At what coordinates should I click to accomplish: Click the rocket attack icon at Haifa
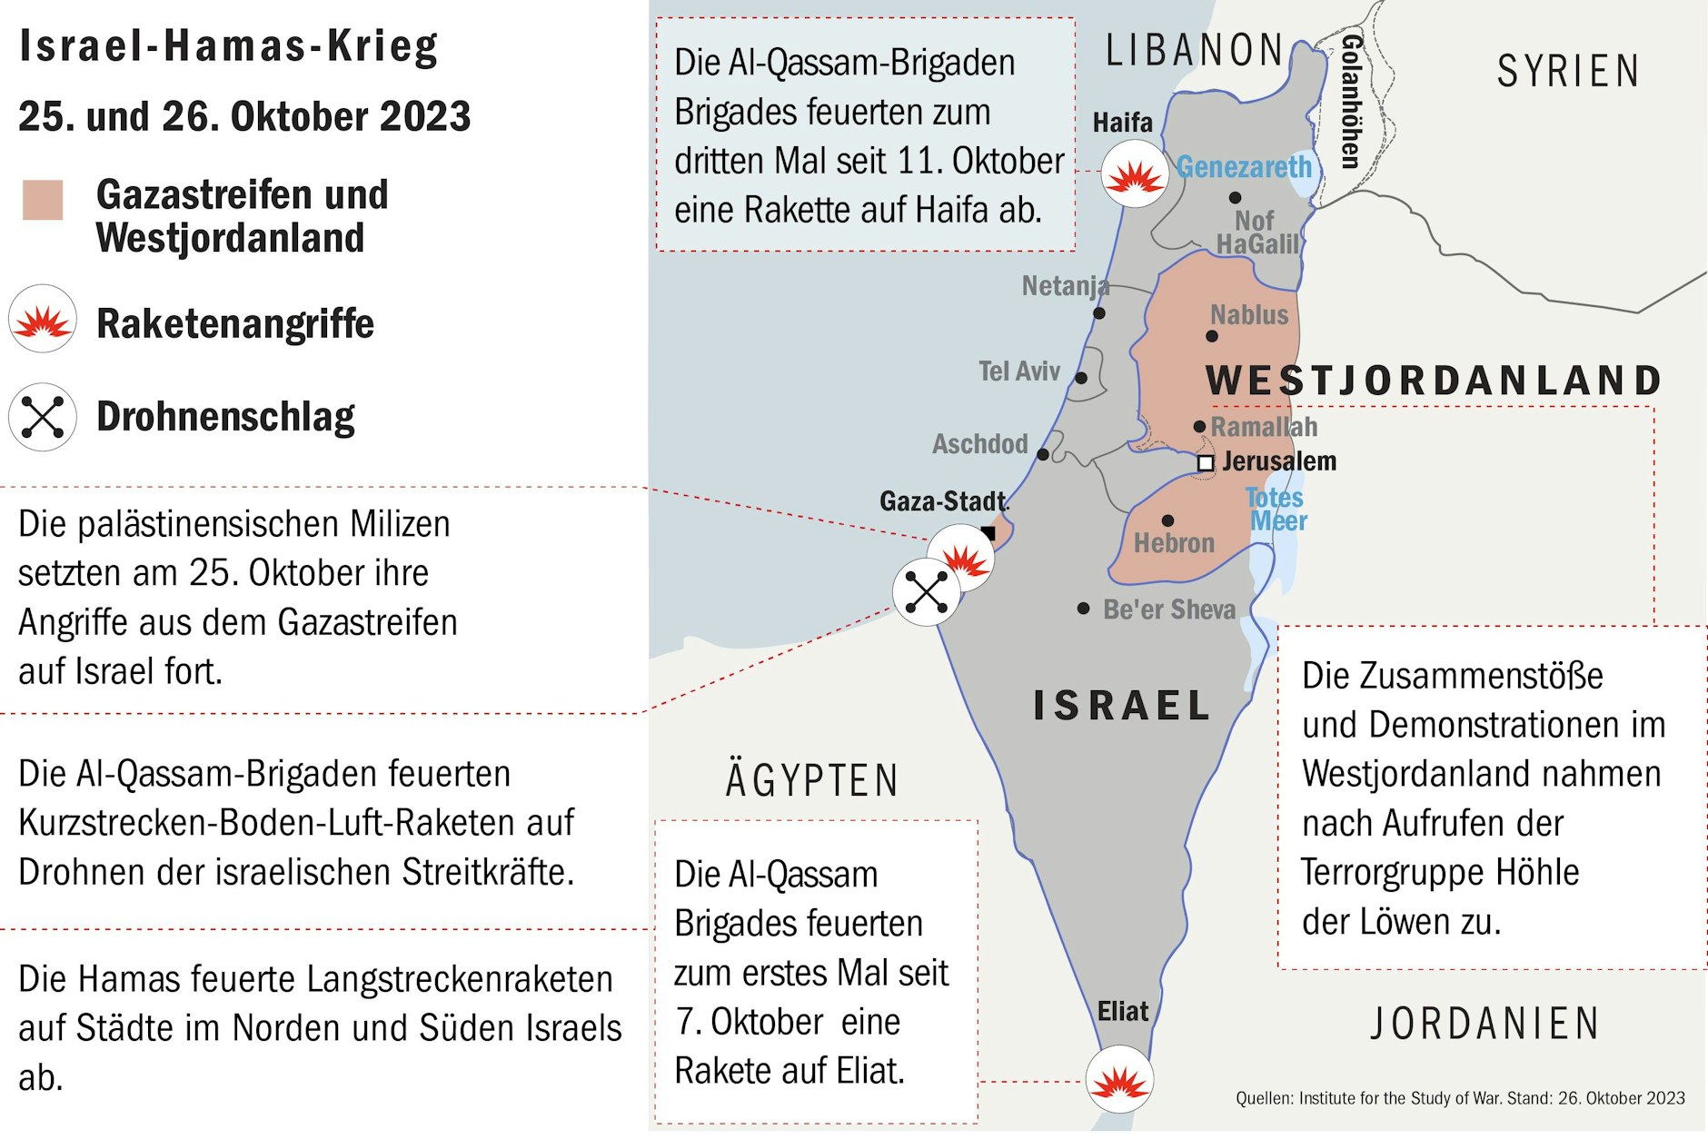click(x=1134, y=173)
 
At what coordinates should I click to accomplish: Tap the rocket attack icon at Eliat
click(x=1119, y=1079)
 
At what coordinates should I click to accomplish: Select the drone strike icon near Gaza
click(x=926, y=592)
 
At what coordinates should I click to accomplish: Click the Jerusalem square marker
click(x=1205, y=463)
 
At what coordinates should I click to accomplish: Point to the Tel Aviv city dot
click(x=1081, y=378)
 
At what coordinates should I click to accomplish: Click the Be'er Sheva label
click(x=1168, y=609)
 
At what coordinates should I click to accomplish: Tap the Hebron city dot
click(x=1167, y=520)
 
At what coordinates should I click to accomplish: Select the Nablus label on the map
click(x=1249, y=315)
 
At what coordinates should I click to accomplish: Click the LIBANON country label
click(x=1194, y=51)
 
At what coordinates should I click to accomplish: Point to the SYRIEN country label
click(x=1568, y=72)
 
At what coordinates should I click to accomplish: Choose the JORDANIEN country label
click(x=1485, y=1024)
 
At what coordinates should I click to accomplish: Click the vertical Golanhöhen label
click(x=1350, y=101)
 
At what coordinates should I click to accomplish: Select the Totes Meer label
click(x=1276, y=510)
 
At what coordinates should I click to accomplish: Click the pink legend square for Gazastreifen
click(x=43, y=200)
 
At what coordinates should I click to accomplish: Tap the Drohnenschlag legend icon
click(x=42, y=417)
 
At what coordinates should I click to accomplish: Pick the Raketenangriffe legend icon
click(x=42, y=320)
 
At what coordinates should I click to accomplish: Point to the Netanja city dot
click(x=1099, y=313)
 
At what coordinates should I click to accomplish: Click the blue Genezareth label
click(x=1244, y=167)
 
